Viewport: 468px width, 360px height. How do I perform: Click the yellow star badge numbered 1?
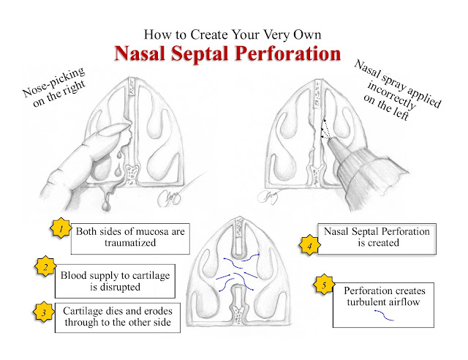pos(61,228)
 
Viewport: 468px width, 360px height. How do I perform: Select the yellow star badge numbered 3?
pos(44,312)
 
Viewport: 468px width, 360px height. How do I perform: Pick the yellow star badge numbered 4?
pos(309,245)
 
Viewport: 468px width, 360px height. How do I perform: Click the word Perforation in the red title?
pos(287,53)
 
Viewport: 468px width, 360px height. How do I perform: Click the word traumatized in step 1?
pos(130,243)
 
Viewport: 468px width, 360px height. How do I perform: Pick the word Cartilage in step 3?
pos(83,312)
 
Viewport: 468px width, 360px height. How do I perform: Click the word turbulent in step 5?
pos(364,301)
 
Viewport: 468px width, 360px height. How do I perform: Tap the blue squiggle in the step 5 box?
pos(384,315)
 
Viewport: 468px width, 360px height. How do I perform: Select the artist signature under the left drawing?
pos(169,197)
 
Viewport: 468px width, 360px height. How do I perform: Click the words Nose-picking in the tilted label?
pos(53,81)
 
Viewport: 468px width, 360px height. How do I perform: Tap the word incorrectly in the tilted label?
pos(391,95)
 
